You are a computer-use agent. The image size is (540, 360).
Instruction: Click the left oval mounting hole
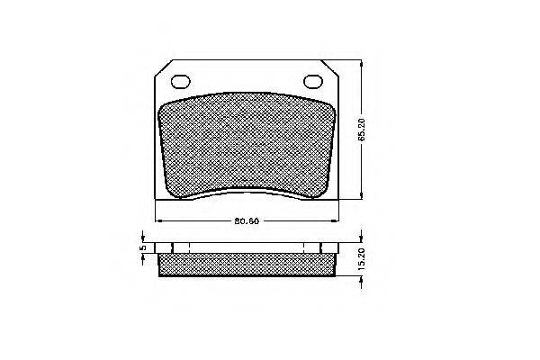point(181,82)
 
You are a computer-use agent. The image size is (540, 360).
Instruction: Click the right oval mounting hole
point(313,82)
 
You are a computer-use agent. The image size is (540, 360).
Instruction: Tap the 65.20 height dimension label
point(361,130)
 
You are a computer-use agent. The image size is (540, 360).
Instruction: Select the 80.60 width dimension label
point(247,221)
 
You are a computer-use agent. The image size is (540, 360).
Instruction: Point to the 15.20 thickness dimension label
point(361,258)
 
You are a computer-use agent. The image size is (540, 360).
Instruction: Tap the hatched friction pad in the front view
point(247,146)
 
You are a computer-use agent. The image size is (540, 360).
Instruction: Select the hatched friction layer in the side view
point(247,265)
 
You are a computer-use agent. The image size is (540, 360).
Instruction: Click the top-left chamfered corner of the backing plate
point(163,67)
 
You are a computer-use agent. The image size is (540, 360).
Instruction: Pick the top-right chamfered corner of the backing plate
point(330,67)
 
